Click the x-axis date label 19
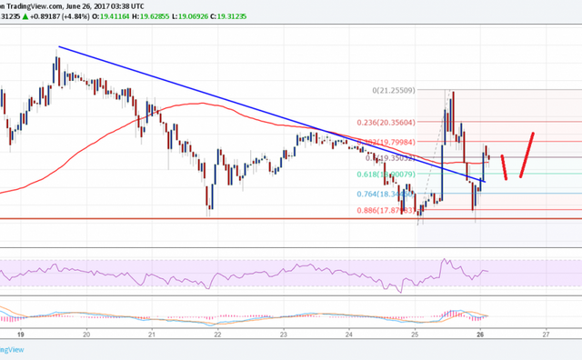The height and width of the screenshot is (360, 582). (19, 334)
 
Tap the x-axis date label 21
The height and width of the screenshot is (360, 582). (152, 334)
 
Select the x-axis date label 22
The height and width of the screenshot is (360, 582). (219, 334)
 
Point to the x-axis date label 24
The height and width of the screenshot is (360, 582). (349, 334)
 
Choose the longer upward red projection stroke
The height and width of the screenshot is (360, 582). (527, 155)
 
